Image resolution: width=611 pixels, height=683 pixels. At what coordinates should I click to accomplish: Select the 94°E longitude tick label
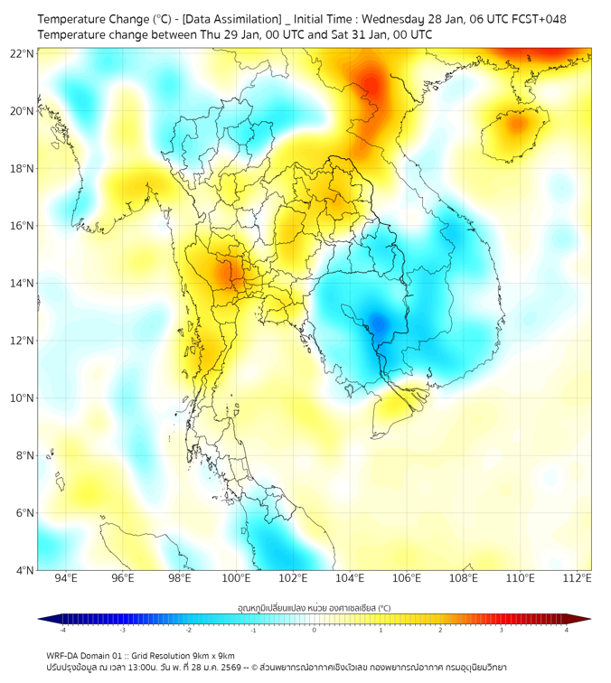tap(66, 579)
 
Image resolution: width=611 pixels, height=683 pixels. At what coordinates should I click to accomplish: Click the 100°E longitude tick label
tap(237, 579)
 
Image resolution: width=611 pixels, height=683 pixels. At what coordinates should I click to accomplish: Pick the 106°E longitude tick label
tap(408, 579)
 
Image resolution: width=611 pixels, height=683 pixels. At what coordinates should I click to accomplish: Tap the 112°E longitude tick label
tap(578, 579)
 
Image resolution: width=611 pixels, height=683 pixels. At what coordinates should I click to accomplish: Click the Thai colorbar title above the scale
tap(314, 608)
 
